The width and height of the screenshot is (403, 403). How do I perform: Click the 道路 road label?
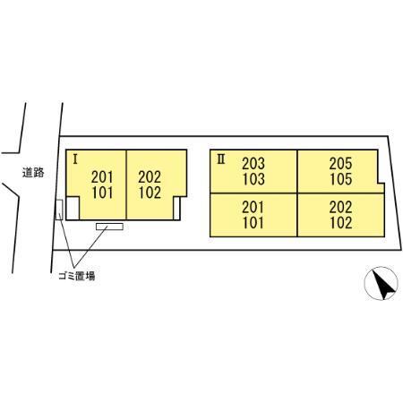tap(33, 173)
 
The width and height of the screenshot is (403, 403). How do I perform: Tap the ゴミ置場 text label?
tap(77, 276)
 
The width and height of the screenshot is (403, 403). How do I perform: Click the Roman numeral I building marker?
tap(75, 159)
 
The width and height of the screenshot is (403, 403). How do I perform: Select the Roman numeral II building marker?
tap(221, 159)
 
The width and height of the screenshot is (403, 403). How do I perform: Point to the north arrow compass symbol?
tap(382, 283)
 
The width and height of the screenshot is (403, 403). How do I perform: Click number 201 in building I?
tap(102, 177)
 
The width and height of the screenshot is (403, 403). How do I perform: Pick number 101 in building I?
tap(102, 193)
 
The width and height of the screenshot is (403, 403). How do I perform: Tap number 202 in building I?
tap(150, 177)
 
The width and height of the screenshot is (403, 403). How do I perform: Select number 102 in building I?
tap(150, 193)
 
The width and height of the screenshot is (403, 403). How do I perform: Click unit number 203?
tap(253, 163)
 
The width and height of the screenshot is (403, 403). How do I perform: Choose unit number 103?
tap(253, 179)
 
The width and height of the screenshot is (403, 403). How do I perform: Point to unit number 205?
tap(340, 163)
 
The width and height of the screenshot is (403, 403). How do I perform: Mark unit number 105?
tap(340, 179)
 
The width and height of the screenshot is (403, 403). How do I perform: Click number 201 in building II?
tap(253, 207)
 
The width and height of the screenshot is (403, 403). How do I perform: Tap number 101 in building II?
tap(253, 223)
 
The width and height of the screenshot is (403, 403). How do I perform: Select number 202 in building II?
tap(340, 207)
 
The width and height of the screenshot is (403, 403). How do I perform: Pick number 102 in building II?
tap(340, 223)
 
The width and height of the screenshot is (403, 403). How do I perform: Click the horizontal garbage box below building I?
tap(109, 227)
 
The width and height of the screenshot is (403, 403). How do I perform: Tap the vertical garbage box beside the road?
tap(59, 210)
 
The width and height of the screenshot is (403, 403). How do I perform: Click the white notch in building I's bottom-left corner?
tap(73, 208)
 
